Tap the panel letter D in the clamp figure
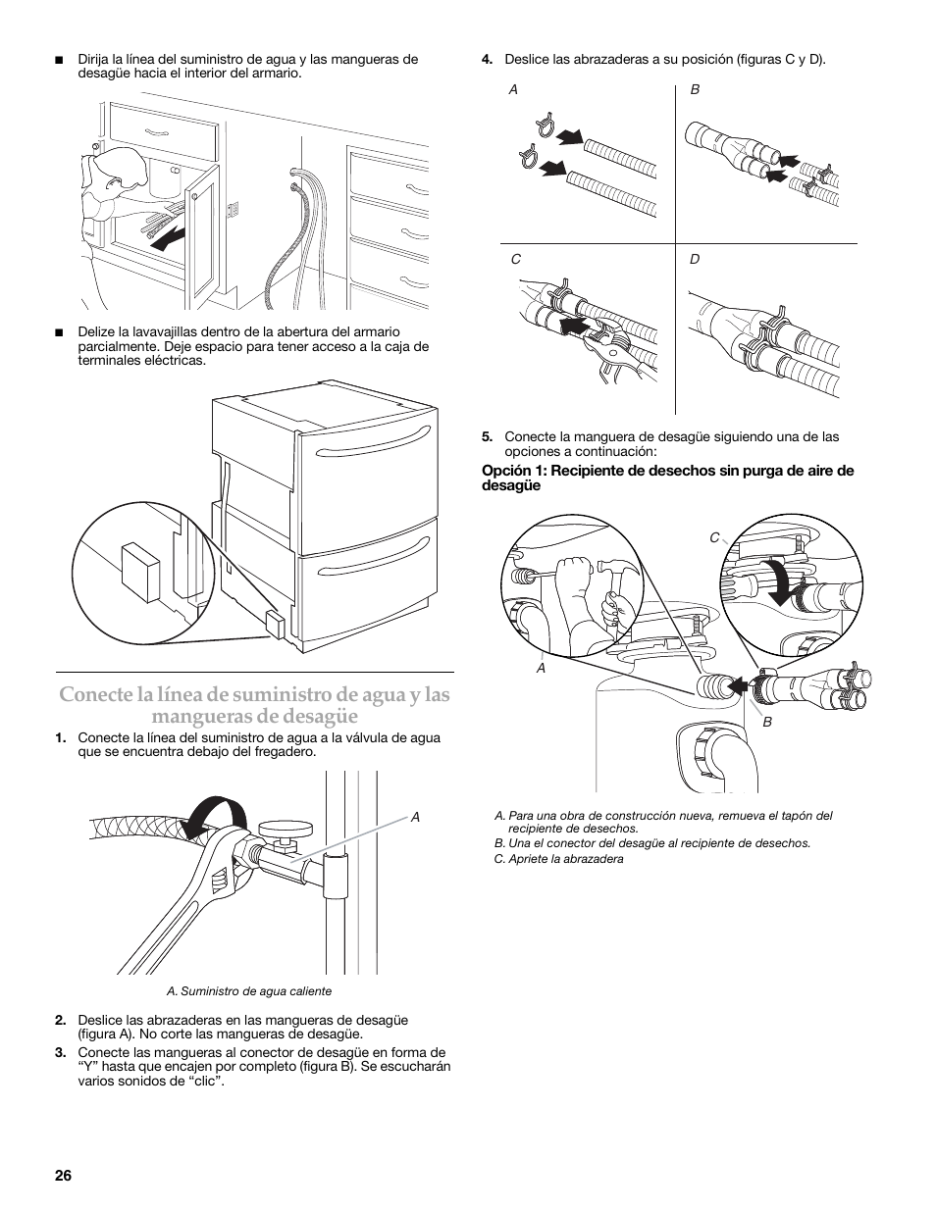click(x=695, y=260)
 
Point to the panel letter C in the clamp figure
click(x=515, y=260)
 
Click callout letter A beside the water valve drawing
click(x=415, y=816)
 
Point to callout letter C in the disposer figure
click(x=714, y=537)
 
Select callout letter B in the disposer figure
click(x=767, y=722)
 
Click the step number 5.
click(x=487, y=437)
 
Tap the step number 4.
click(x=487, y=60)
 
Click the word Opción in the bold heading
click(x=506, y=471)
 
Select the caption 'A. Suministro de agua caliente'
click(x=249, y=991)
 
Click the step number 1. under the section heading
click(x=61, y=738)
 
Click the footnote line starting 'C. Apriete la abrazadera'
click(x=559, y=859)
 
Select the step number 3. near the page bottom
click(x=61, y=1053)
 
